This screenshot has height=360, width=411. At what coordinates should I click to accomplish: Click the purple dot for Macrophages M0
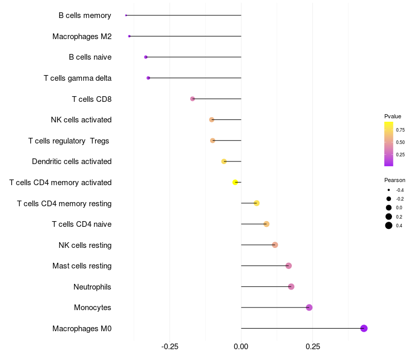[364, 328]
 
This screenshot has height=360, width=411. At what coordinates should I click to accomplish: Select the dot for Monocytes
[309, 308]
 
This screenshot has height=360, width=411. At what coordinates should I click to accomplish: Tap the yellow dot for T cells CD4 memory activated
[235, 182]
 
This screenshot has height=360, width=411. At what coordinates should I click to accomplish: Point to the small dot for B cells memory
[126, 15]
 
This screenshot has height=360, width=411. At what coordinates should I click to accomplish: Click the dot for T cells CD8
[193, 99]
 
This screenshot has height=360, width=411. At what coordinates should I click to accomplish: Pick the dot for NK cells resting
[275, 245]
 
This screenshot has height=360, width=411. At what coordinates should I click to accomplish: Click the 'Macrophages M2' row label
[82, 37]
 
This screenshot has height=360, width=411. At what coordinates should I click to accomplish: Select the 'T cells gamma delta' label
[78, 78]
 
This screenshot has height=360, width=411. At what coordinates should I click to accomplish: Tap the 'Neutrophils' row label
[92, 286]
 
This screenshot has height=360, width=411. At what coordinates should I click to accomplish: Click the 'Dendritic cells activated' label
[71, 161]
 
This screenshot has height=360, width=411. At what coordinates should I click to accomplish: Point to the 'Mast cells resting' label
[82, 266]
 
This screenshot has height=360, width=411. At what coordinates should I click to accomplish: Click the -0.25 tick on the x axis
[170, 347]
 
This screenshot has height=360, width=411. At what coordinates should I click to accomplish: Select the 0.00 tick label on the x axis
[241, 347]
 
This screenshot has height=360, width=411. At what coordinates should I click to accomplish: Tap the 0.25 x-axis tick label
[313, 347]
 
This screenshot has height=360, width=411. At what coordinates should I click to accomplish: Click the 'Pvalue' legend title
[393, 116]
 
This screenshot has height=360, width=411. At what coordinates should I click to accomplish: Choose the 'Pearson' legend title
[395, 181]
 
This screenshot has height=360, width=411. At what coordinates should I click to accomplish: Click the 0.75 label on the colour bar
[400, 130]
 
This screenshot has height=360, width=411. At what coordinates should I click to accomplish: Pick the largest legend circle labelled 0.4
[389, 225]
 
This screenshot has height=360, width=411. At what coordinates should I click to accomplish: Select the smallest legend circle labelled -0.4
[389, 190]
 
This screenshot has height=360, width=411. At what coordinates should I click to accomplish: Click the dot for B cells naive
[146, 57]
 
